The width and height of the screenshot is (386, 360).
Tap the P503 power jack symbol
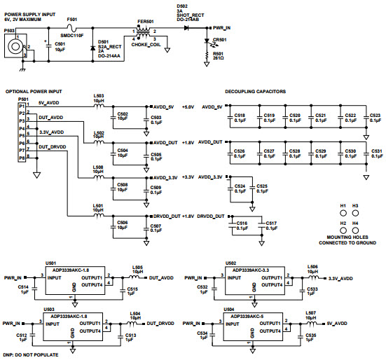click(x=12, y=48)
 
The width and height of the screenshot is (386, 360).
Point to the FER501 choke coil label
click(x=146, y=22)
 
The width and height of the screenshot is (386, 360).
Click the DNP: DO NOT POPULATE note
click(x=30, y=355)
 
